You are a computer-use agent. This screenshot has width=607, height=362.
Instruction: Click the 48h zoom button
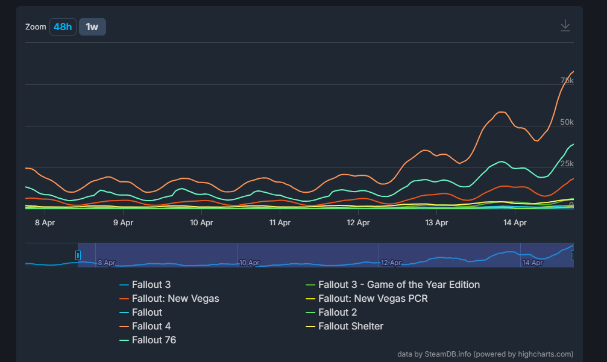pos(63,27)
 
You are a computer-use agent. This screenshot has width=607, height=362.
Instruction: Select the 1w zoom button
pos(92,27)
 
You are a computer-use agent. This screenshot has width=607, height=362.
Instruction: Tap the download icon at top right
pos(565,25)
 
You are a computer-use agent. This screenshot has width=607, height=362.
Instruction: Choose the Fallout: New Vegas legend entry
pos(175,298)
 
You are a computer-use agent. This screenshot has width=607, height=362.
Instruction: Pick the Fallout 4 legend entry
pos(151,326)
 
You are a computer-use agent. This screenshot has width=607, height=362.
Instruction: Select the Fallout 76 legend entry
pos(154,340)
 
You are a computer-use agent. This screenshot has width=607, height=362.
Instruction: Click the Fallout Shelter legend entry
pos(350,326)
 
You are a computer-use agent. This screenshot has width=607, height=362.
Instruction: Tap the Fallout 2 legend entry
pos(337,312)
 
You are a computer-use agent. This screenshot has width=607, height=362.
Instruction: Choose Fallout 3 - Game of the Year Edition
pos(398,284)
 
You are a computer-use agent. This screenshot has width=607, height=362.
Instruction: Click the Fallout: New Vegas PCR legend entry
pos(373,298)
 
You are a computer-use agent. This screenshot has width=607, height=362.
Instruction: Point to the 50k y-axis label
pos(567,122)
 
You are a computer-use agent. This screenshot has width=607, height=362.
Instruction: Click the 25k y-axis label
pos(567,164)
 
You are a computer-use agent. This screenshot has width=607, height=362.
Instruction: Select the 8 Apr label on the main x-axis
pos(45,222)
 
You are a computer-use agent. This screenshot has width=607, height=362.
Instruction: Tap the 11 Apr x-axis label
pos(280,222)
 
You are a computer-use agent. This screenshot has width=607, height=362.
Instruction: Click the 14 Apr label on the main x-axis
pos(515,222)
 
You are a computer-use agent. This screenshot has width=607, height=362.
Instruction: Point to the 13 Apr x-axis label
pos(437,222)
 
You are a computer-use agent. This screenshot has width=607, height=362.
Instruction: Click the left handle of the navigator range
pos(78,255)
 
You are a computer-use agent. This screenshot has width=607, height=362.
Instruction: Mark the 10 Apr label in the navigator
pos(249,263)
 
